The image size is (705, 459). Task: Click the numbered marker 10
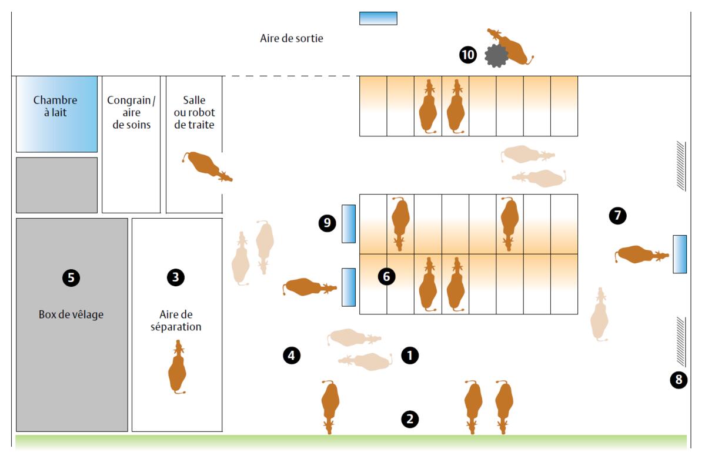467,55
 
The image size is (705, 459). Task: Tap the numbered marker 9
327,223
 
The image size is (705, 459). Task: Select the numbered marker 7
617,215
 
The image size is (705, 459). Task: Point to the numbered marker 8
679,380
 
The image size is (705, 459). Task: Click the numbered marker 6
386,276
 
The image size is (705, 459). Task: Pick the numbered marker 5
71,277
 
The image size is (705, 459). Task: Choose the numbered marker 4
292,355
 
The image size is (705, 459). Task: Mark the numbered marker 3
175,277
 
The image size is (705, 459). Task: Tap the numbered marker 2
410,419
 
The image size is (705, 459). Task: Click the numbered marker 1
410,355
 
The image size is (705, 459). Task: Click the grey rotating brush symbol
496,56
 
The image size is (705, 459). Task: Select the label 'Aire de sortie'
292,38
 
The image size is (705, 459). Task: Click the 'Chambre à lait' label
55,106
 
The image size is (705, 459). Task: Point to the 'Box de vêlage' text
71,314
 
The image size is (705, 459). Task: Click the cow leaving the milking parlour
206,165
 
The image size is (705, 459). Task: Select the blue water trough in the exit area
378,18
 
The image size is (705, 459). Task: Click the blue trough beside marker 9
349,224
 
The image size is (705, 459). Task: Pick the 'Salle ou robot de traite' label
194,112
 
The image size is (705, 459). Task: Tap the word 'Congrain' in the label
129,100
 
